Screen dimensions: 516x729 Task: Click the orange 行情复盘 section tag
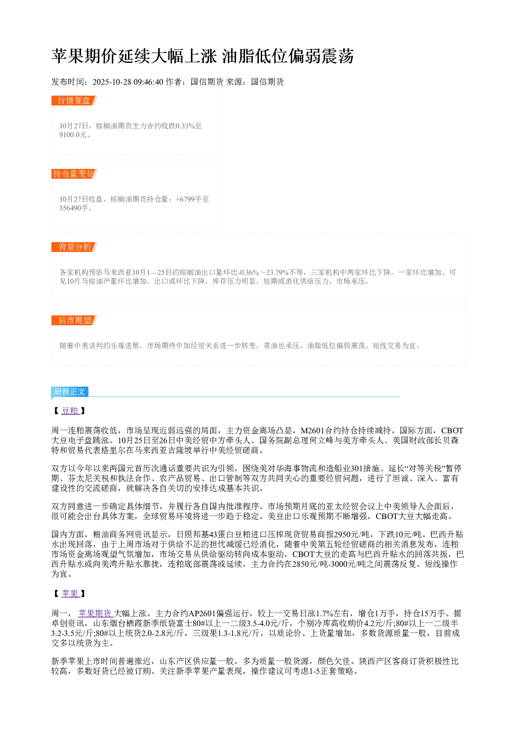(74, 101)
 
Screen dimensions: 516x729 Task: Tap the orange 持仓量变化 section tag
(74, 174)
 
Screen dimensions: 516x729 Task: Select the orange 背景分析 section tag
(74, 247)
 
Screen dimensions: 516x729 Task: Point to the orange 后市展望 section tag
(74, 320)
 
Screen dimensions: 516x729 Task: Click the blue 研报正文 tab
(70, 392)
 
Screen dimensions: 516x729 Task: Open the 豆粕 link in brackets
(70, 410)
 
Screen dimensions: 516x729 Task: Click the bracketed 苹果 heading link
(70, 593)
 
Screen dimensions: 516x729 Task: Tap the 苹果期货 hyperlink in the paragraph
(95, 614)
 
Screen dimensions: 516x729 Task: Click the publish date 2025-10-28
(112, 82)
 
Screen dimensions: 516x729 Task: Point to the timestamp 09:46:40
(148, 82)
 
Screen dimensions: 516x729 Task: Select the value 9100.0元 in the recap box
(73, 135)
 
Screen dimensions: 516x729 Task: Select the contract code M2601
(312, 431)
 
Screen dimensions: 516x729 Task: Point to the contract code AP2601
(202, 614)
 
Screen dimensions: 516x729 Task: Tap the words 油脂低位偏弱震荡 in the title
(288, 56)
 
